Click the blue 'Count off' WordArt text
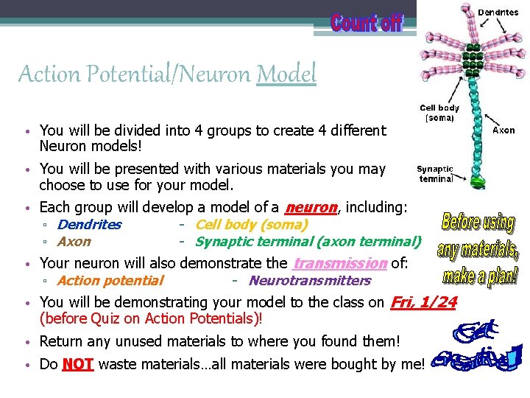click(366, 23)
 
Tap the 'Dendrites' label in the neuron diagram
click(498, 12)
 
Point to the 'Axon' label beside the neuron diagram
click(504, 130)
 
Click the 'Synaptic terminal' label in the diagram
click(436, 174)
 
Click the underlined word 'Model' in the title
click(286, 74)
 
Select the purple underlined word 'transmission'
click(340, 263)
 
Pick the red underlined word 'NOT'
click(78, 363)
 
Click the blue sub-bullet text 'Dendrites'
click(89, 224)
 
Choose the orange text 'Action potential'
click(110, 280)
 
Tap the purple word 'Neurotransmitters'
click(310, 280)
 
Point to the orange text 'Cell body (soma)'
click(252, 224)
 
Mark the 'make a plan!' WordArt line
click(480, 276)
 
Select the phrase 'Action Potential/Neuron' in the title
click(135, 74)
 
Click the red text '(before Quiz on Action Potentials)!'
click(151, 319)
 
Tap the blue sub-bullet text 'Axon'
click(74, 241)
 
